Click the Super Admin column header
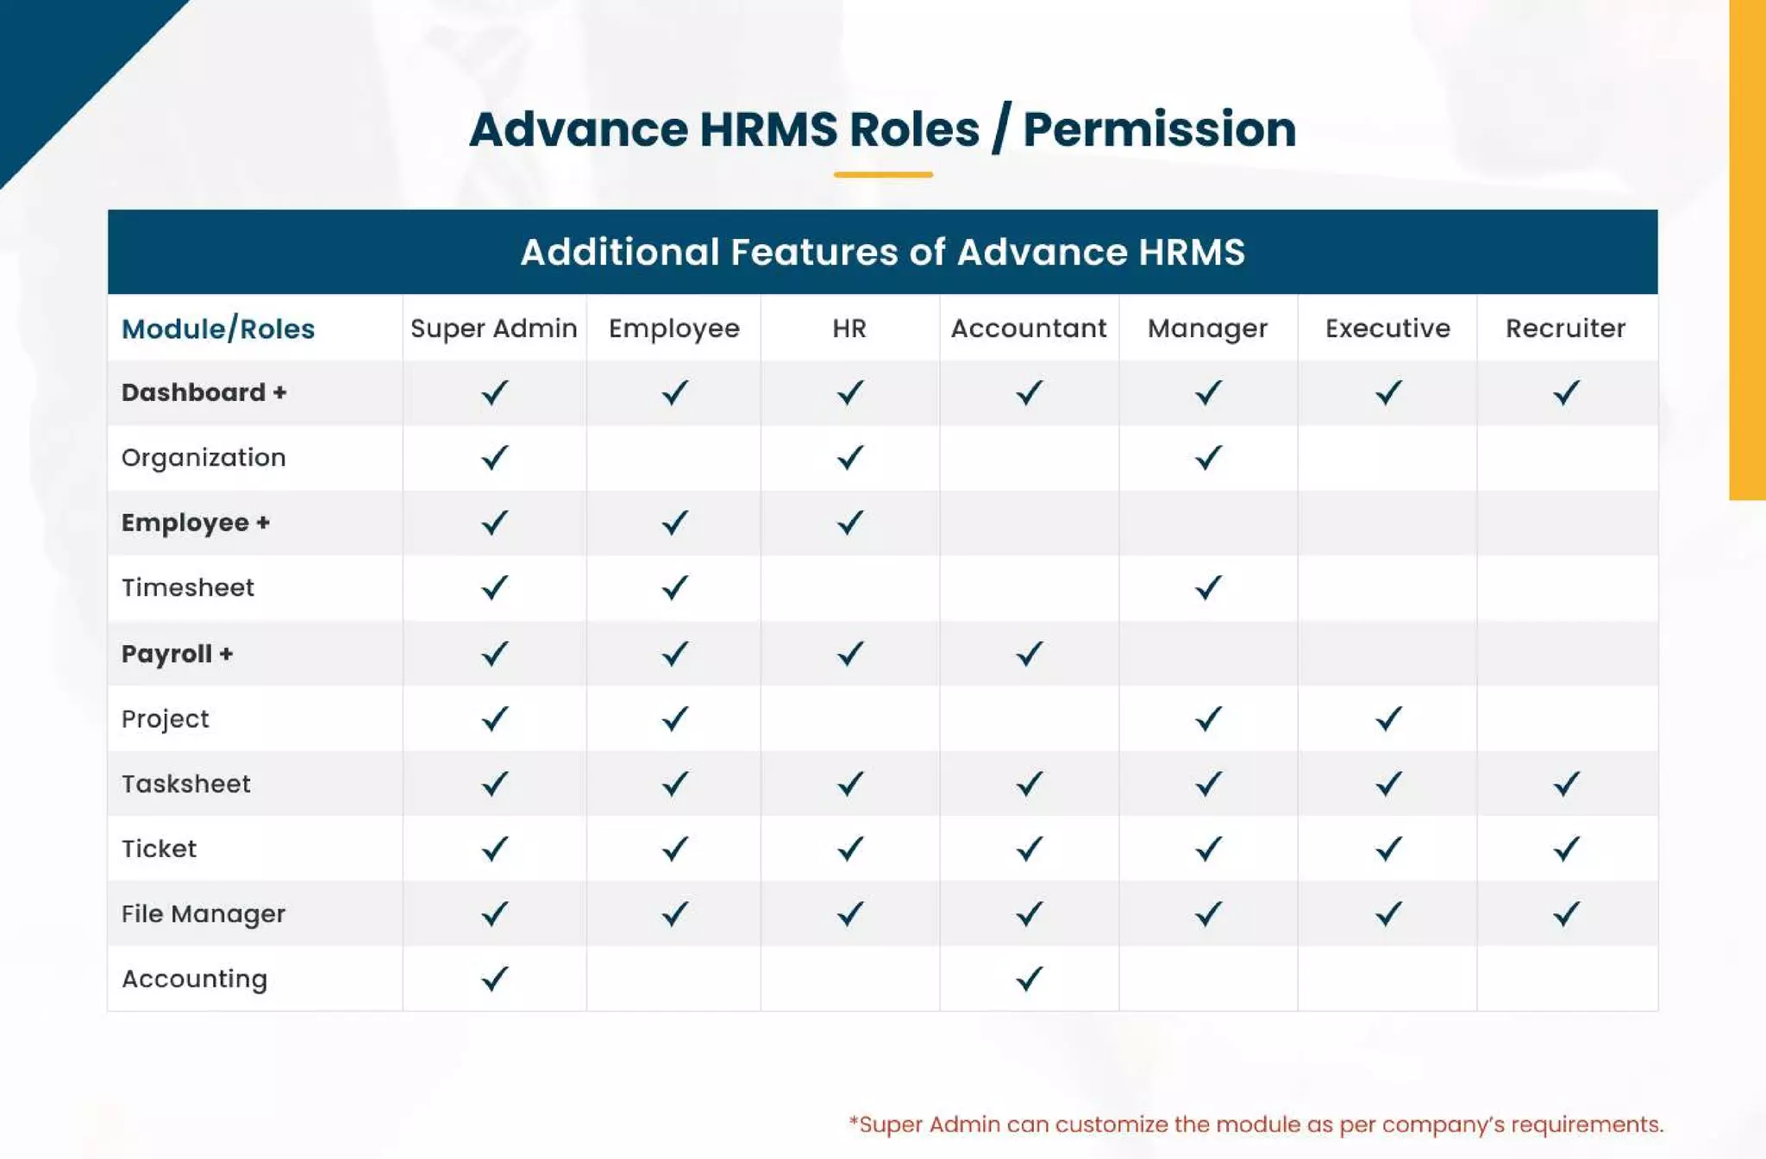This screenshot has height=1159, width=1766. (x=493, y=329)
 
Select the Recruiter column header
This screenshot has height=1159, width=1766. (x=1565, y=329)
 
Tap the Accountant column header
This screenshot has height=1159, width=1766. (x=1028, y=329)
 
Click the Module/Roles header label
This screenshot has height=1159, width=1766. (x=218, y=329)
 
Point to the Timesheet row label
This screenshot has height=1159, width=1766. (x=188, y=588)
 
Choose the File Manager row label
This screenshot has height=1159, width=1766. (x=204, y=914)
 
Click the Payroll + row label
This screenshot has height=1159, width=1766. (x=177, y=654)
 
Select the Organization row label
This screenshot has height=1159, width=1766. (x=204, y=458)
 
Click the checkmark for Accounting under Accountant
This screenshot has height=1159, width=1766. (x=1029, y=979)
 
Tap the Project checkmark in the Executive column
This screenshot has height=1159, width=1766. (x=1388, y=718)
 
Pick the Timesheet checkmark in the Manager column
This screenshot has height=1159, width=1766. (x=1208, y=588)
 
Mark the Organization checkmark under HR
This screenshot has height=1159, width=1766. (x=850, y=457)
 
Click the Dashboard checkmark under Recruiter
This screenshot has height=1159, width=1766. (x=1566, y=393)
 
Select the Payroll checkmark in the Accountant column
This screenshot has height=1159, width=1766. (x=1029, y=654)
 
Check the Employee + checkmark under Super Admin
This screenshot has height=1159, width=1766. (x=494, y=523)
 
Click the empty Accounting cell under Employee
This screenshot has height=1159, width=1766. (x=673, y=979)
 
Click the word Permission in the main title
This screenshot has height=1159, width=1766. (x=1159, y=129)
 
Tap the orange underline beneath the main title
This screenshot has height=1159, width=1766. (x=883, y=175)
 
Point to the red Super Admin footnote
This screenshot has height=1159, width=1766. (x=1256, y=1125)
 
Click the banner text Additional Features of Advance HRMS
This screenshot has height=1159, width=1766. (x=883, y=252)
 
